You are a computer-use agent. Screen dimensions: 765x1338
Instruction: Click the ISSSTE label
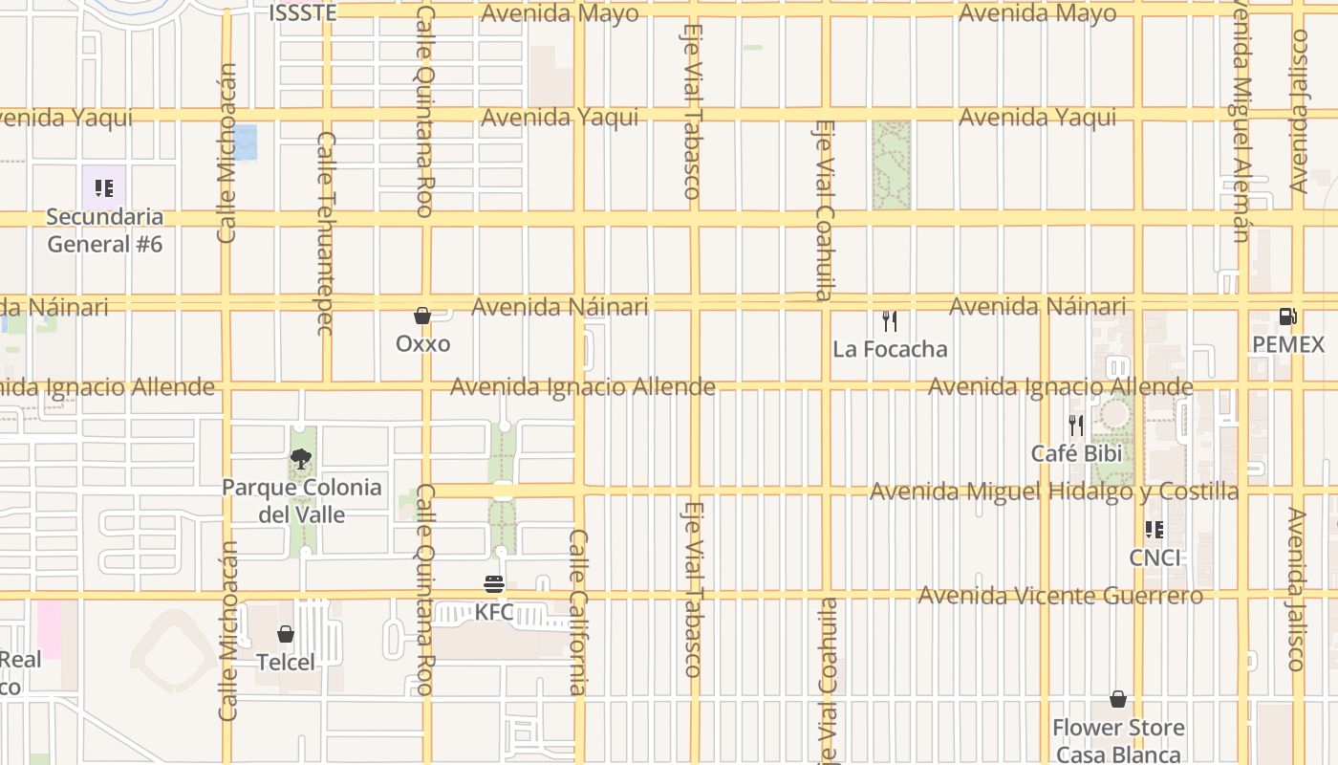[x=302, y=12]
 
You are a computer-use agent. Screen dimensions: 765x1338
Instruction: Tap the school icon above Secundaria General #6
[x=104, y=187]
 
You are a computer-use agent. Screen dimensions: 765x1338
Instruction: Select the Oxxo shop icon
[x=422, y=316]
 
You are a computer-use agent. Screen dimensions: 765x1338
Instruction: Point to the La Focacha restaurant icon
[x=890, y=320]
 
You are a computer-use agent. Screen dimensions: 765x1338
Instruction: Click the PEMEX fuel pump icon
[x=1288, y=316]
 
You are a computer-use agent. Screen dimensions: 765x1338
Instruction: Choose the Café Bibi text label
[x=1076, y=453]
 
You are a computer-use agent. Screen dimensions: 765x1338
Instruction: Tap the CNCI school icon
[x=1155, y=529]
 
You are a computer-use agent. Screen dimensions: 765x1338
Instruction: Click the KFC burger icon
[x=494, y=583]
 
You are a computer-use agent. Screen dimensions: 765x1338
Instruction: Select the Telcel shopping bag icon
[x=285, y=634]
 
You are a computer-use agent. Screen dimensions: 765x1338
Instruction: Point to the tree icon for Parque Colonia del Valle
[x=301, y=459]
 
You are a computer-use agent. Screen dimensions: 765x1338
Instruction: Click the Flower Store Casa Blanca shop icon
[x=1118, y=699]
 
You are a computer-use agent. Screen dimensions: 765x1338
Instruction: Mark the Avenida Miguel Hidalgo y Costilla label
[x=1054, y=492]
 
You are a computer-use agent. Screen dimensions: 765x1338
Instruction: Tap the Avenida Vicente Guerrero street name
[x=1060, y=596]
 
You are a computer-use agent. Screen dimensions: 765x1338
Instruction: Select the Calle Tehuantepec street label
[x=326, y=233]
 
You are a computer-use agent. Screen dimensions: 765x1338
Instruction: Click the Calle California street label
[x=578, y=612]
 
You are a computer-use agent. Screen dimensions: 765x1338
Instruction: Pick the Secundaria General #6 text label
[x=104, y=230]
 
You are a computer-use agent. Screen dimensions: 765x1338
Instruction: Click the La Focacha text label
[x=890, y=349]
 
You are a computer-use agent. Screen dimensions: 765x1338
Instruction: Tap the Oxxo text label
[x=422, y=343]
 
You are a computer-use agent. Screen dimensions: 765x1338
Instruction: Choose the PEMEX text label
[x=1288, y=344]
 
